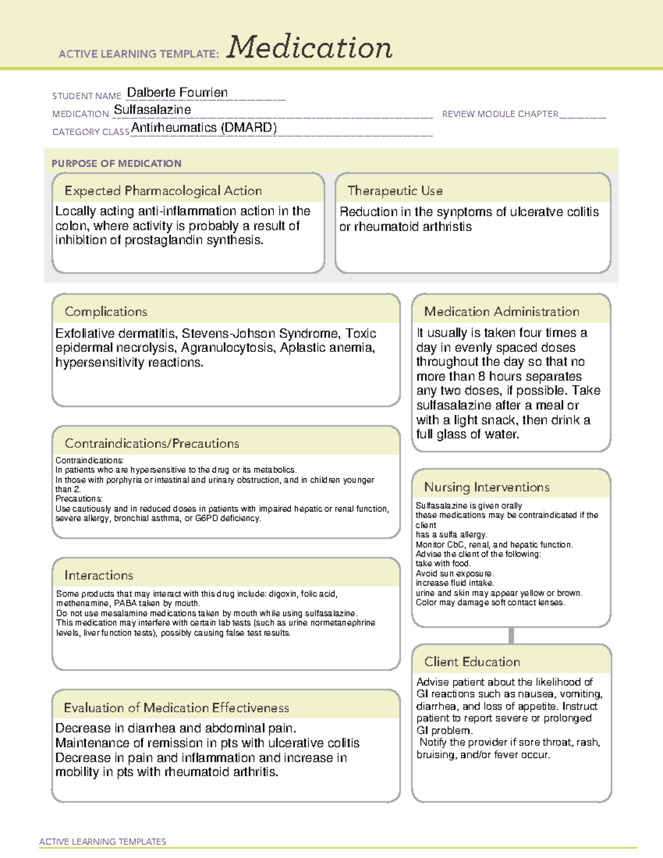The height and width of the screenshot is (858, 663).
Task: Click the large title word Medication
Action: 309,48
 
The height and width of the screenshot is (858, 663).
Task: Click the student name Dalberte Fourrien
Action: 177,92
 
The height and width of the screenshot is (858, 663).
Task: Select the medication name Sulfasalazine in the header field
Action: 152,109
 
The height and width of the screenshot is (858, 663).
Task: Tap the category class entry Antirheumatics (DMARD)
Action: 204,128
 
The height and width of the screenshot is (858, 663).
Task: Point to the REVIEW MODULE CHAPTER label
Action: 500,114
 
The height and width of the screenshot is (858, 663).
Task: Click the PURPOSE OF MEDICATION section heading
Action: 117,164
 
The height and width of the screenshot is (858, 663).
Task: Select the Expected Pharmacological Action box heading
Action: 163,191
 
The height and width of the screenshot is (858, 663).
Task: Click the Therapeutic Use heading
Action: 395,191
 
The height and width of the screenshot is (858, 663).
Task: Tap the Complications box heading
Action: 106,312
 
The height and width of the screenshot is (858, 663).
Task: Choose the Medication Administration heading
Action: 502,312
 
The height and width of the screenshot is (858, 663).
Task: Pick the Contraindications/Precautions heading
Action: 152,443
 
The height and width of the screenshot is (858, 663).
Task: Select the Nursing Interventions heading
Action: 487,487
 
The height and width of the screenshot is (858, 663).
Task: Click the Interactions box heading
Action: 99,575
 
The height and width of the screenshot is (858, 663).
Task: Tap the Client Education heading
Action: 472,662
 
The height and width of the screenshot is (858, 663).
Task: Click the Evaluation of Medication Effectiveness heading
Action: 176,708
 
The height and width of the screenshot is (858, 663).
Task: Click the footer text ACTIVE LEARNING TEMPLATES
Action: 103,841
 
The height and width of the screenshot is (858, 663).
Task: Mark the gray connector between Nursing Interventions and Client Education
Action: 511,635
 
